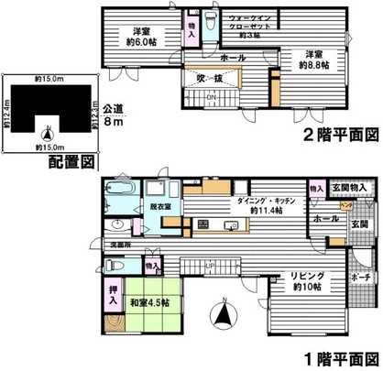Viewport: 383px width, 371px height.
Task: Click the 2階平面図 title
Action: [x=340, y=136]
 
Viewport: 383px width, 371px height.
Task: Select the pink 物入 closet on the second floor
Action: [x=193, y=26]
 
